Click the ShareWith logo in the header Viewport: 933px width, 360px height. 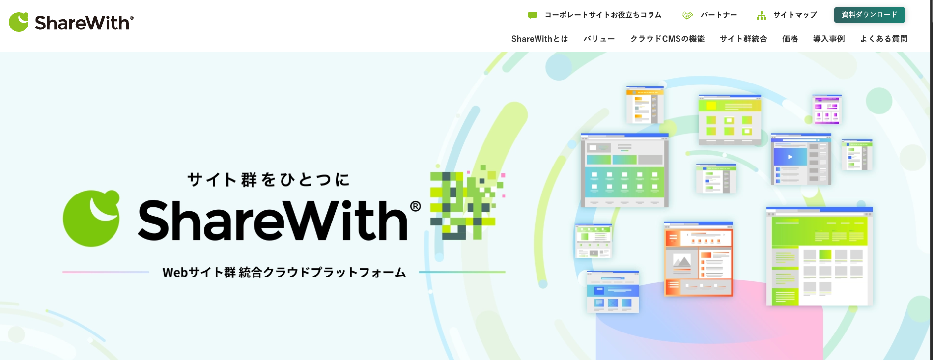pos(71,22)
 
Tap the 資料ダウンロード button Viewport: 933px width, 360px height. pos(869,15)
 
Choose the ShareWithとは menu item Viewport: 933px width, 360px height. pos(539,39)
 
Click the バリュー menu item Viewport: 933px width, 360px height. pos(599,39)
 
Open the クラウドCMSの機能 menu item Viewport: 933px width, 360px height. pos(667,39)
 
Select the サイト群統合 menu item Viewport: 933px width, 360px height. pos(743,39)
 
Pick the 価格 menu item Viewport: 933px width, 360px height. pos(790,39)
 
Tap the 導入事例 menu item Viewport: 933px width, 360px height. pos(829,39)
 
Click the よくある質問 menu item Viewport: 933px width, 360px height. pos(884,39)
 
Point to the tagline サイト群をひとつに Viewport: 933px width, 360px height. pos(268,180)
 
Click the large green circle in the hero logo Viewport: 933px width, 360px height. pos(91,218)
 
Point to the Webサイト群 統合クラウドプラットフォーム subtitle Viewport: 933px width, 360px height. pos(284,272)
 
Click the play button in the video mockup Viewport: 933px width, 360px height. pos(790,157)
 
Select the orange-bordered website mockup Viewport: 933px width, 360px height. pos(698,259)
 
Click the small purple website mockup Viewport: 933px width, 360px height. pos(827,109)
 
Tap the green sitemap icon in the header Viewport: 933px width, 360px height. pos(762,15)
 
